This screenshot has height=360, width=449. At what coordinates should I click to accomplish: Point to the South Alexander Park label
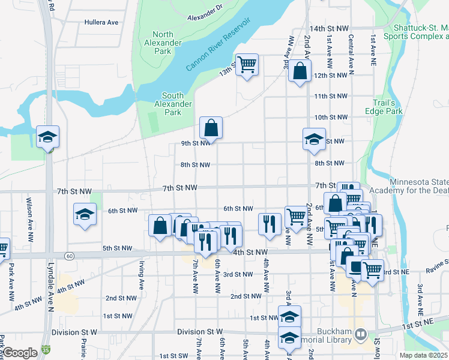click(x=173, y=104)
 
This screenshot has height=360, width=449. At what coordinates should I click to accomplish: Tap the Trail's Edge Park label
click(x=383, y=107)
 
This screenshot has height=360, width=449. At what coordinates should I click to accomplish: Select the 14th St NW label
click(x=329, y=28)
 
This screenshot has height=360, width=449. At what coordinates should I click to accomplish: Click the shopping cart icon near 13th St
click(x=247, y=64)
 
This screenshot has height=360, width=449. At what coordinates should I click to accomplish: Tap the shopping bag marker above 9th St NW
click(x=211, y=127)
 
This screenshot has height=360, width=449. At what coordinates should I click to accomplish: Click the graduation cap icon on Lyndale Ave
click(x=47, y=137)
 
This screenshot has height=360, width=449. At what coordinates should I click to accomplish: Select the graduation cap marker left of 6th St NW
click(x=85, y=214)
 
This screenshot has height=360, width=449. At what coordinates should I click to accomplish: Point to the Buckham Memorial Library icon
click(x=361, y=333)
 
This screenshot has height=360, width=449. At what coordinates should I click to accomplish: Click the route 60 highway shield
click(x=70, y=256)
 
